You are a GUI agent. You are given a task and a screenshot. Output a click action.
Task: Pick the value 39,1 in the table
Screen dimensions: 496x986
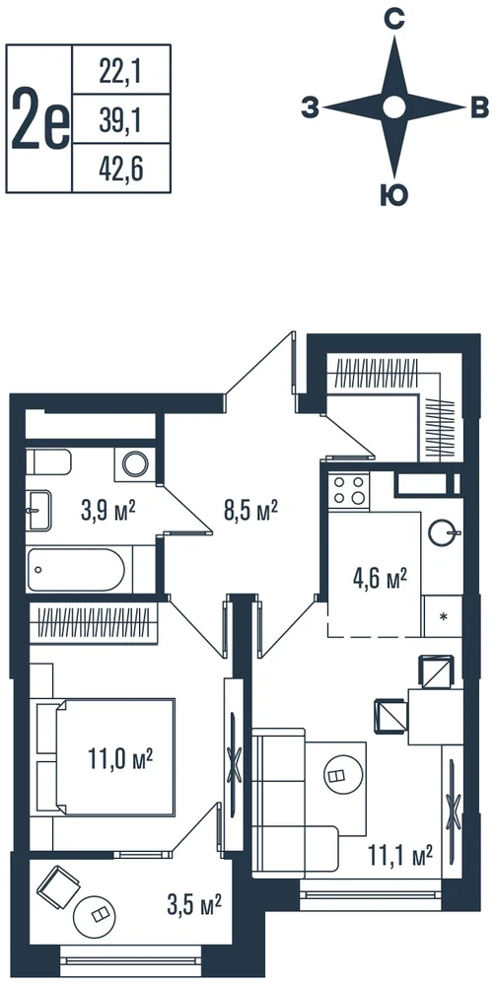click(x=119, y=120)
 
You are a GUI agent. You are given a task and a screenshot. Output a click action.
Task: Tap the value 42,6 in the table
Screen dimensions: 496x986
click(x=119, y=168)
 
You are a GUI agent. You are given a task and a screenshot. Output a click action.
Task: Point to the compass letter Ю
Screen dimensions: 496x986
click(x=394, y=195)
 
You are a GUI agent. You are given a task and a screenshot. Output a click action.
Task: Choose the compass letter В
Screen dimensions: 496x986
click(x=479, y=108)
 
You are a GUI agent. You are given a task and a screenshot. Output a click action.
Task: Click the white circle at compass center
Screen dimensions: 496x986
click(x=394, y=107)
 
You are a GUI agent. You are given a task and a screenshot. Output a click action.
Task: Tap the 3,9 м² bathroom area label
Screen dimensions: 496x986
click(x=108, y=511)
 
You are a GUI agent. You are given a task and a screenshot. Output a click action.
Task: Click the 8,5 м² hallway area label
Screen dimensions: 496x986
click(x=252, y=509)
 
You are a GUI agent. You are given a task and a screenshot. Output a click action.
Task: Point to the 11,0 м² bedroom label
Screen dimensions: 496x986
click(x=121, y=759)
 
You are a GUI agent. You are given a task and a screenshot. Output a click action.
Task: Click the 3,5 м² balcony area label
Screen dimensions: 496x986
click(x=193, y=906)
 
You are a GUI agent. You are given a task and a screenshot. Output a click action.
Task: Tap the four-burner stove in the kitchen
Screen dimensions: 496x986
click(x=349, y=490)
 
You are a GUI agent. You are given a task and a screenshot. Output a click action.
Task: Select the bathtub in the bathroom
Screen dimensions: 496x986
click(x=77, y=570)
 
